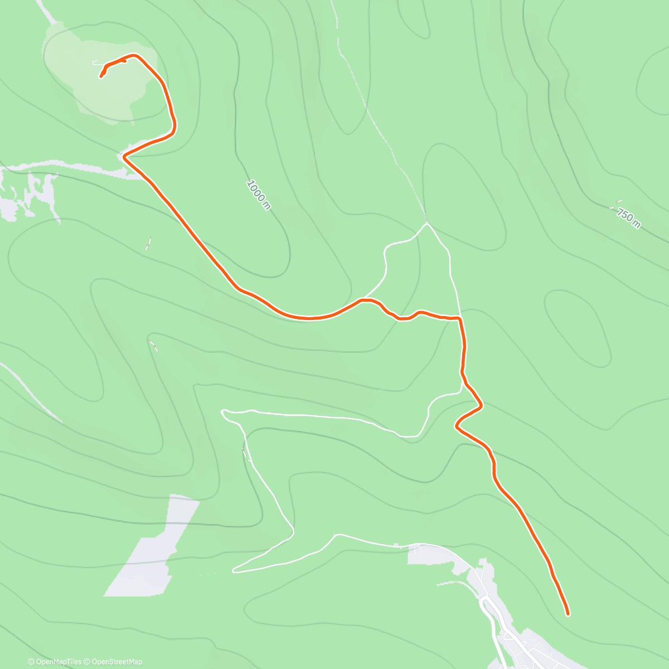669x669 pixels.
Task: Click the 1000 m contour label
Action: tap(259, 195)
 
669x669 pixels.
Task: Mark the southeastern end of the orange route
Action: tap(568, 614)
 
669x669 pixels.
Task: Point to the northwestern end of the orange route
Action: tap(101, 76)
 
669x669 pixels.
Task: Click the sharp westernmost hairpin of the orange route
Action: tap(124, 157)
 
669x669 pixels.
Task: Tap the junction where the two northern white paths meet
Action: tap(427, 224)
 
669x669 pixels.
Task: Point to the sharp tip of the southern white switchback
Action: tap(234, 570)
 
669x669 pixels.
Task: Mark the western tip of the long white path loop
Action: tap(223, 412)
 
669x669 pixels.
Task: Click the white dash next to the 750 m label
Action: tap(619, 201)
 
